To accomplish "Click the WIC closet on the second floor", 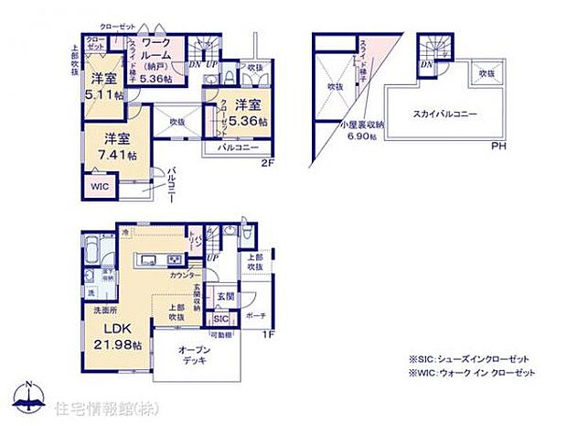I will [99, 186].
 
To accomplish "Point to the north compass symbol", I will [31, 400].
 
